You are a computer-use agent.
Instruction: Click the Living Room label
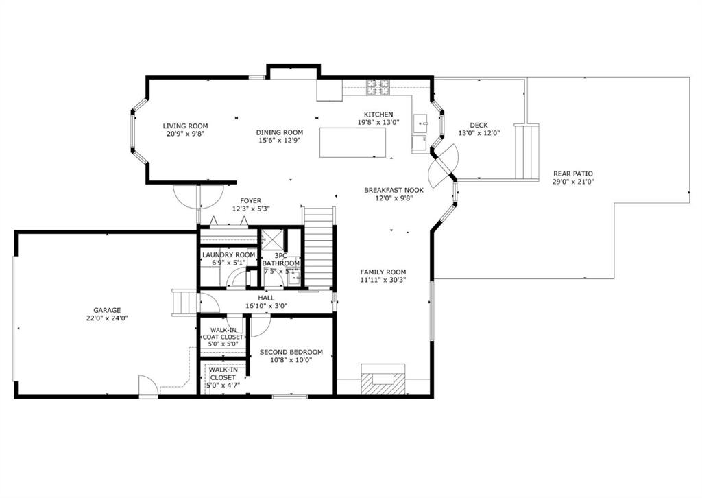(185, 126)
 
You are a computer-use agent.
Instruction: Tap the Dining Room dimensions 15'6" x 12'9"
(280, 140)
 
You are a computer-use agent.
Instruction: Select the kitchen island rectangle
(353, 143)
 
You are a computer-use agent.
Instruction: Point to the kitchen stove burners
(378, 87)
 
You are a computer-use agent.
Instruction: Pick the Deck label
(479, 126)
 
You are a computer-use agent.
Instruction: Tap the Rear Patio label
(573, 174)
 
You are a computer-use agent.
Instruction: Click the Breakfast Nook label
(394, 190)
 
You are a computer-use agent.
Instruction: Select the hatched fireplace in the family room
(383, 380)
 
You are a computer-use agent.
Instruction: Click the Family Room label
(383, 272)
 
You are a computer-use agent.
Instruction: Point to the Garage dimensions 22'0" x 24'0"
(107, 318)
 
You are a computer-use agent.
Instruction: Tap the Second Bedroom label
(291, 352)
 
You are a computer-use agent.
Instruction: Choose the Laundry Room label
(228, 254)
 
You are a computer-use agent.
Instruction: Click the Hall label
(266, 298)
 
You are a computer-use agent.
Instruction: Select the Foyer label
(251, 200)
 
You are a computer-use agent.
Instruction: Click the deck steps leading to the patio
(526, 152)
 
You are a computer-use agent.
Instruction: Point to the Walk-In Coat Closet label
(223, 333)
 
